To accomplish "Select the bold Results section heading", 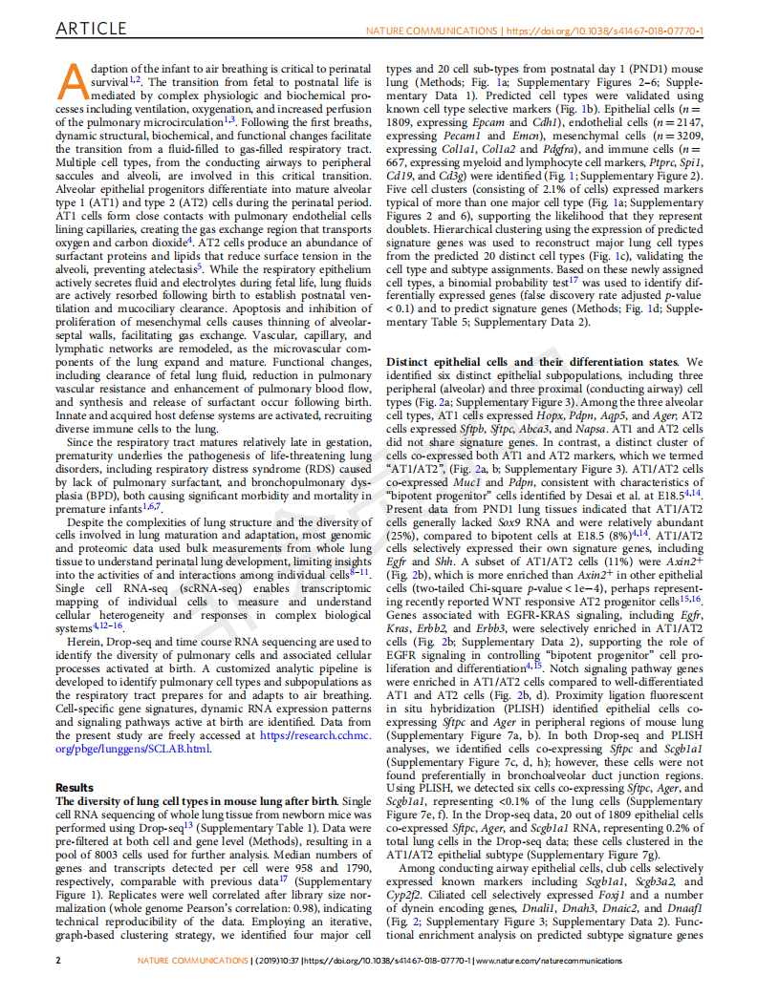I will [76, 787].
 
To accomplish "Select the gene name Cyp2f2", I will [401, 896].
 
